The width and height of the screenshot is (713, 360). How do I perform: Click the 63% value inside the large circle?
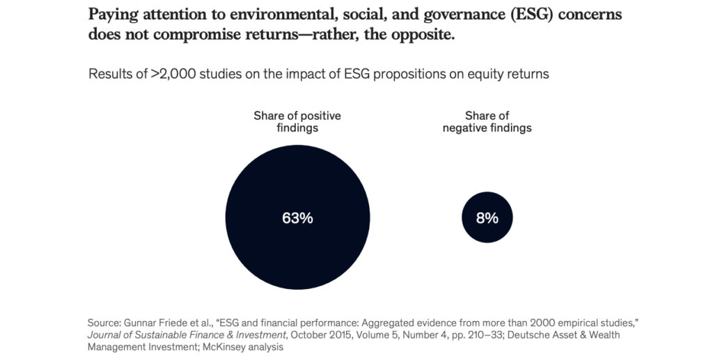pyautogui.click(x=297, y=218)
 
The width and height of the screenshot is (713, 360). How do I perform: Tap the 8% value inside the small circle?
pyautogui.click(x=487, y=218)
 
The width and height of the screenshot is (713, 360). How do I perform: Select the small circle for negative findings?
pyautogui.click(x=487, y=233)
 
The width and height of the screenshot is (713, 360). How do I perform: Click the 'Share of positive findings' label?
pyautogui.click(x=297, y=122)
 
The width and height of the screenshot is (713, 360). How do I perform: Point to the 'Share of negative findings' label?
pyautogui.click(x=487, y=122)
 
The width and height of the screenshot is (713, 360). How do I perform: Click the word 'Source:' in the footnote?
pyautogui.click(x=105, y=323)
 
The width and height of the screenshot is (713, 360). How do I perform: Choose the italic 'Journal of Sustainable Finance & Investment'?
pyautogui.click(x=184, y=335)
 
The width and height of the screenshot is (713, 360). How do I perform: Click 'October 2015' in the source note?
pyautogui.click(x=314, y=335)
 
